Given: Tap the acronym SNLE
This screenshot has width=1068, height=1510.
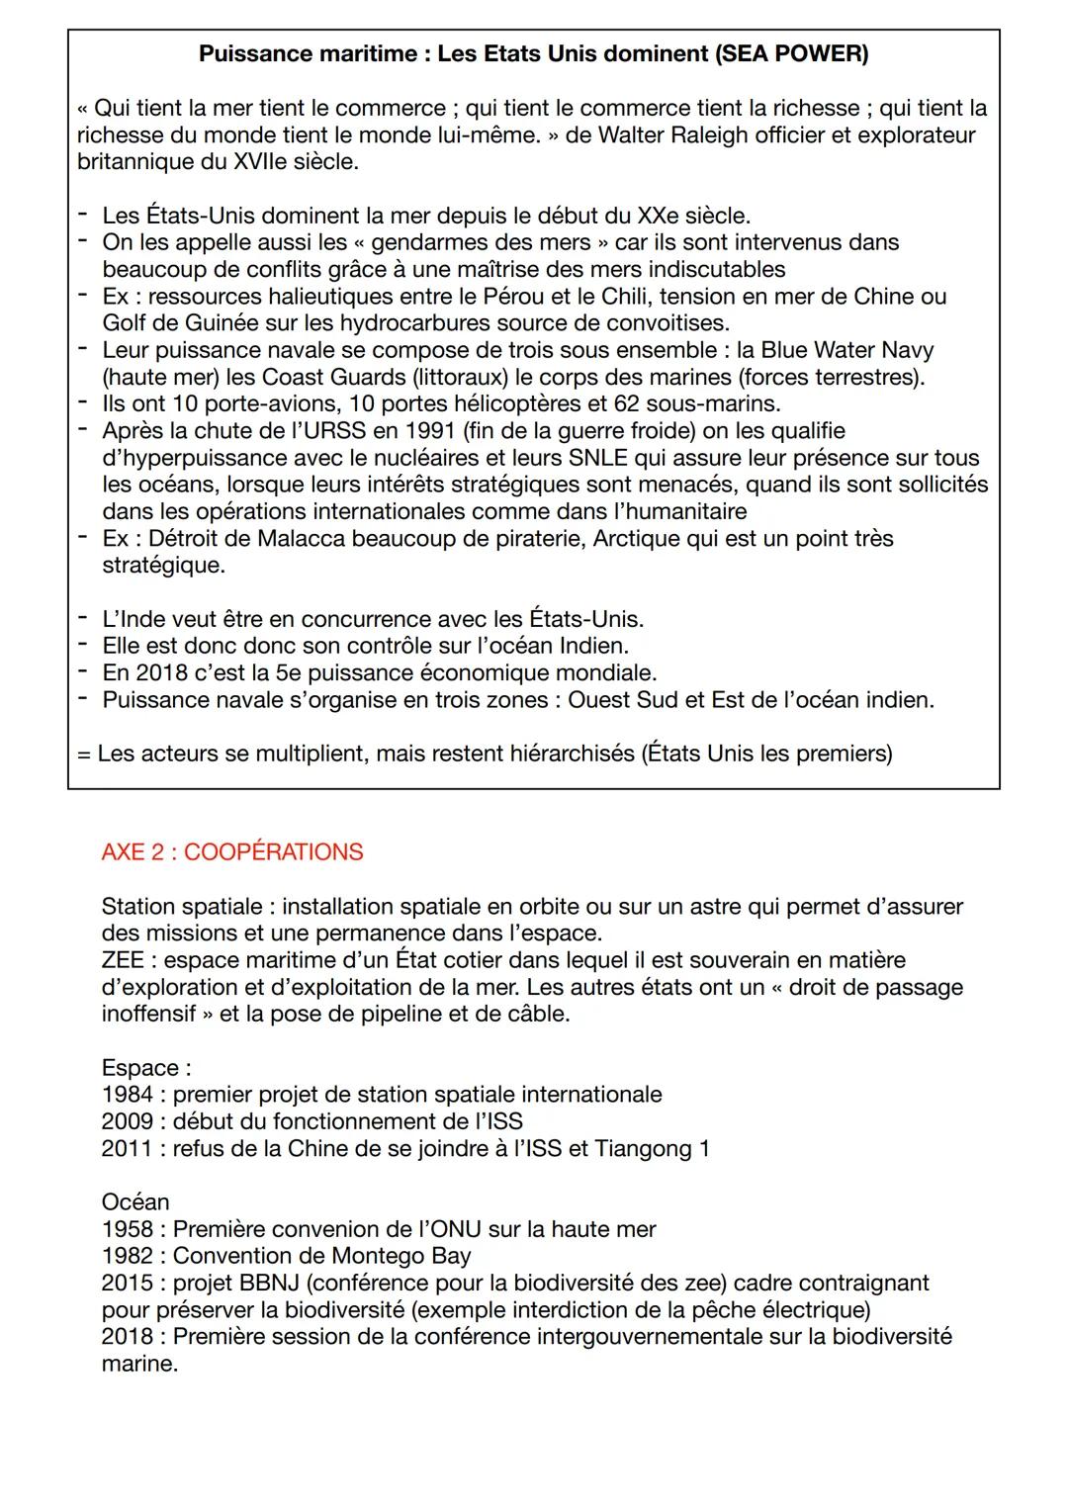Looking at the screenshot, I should pos(597,458).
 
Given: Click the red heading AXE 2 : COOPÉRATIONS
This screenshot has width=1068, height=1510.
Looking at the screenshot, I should pos(232,851).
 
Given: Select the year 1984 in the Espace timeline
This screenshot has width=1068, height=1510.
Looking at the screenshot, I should pos(127,1095).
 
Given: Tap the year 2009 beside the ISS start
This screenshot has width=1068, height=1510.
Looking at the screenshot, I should pos(127,1121).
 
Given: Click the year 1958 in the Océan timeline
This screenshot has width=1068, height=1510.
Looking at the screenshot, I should pos(127,1229).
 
